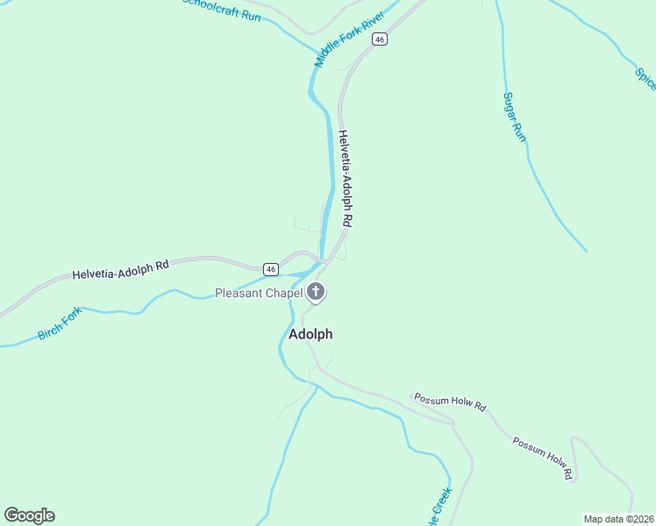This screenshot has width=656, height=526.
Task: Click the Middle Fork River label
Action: click(349, 40)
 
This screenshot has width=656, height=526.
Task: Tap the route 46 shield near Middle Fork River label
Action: click(379, 39)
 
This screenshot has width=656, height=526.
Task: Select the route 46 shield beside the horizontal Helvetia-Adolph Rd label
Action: click(271, 269)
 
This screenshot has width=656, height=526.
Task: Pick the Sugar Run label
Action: click(514, 117)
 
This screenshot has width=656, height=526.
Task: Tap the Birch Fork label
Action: click(60, 323)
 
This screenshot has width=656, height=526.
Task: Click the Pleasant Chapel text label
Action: click(259, 293)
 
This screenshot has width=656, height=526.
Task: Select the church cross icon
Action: click(316, 293)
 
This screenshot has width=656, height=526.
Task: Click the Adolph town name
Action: click(310, 334)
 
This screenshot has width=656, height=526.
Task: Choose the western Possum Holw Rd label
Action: click(449, 403)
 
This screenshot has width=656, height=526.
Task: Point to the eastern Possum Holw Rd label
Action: click(543, 458)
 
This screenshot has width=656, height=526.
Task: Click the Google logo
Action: click(29, 515)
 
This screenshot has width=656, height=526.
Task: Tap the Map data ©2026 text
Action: click(617, 519)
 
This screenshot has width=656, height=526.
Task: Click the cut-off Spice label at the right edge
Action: click(645, 75)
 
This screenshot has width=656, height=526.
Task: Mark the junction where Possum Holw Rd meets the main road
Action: click(453, 424)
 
